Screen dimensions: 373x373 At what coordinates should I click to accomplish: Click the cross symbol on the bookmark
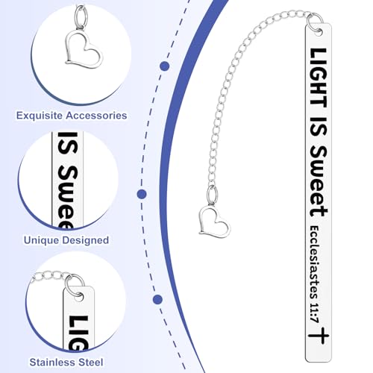tap(319, 336)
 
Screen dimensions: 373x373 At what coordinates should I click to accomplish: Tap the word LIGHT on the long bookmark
tap(318, 78)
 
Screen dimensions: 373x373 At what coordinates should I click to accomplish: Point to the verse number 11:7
tap(314, 313)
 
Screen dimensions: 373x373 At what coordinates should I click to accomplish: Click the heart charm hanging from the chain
tap(215, 222)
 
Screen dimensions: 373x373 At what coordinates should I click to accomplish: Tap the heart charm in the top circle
tap(84, 50)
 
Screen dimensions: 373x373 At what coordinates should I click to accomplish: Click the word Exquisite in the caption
tap(40, 116)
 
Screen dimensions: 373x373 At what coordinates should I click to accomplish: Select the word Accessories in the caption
tap(97, 116)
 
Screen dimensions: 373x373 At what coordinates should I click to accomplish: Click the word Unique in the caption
tap(41, 240)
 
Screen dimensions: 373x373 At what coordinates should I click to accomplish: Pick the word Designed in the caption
tap(86, 240)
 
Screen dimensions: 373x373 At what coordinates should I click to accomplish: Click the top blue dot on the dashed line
tap(165, 66)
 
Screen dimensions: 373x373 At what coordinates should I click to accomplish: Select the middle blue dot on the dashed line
tap(142, 194)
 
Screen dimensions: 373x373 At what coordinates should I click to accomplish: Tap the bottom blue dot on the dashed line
tap(157, 299)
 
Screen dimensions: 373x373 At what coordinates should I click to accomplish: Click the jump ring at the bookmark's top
tap(314, 23)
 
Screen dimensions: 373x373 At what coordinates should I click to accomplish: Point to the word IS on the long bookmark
tap(318, 126)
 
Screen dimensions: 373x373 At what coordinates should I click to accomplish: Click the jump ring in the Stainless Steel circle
tap(73, 286)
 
